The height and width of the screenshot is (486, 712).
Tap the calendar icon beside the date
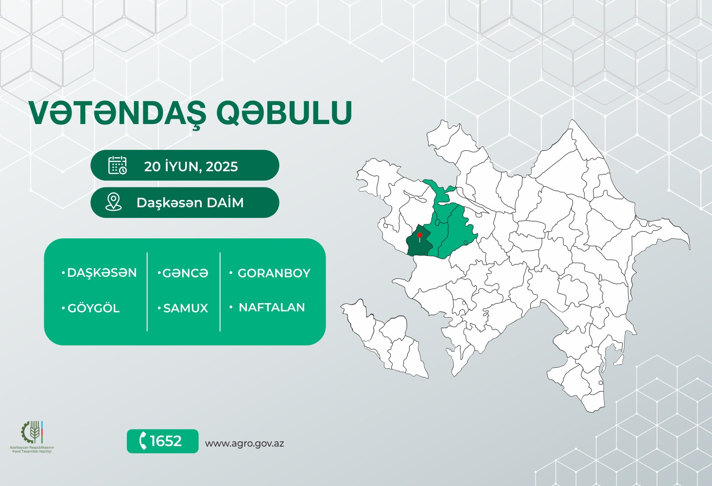tap(118, 165)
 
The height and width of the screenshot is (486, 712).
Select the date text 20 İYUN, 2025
tap(191, 166)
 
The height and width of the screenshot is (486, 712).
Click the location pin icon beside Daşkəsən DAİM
tap(113, 202)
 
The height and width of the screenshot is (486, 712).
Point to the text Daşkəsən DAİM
tap(190, 203)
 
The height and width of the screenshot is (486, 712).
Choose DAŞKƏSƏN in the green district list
tap(102, 273)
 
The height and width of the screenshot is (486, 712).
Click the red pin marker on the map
tap(419, 235)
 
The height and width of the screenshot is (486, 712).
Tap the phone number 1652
tap(166, 441)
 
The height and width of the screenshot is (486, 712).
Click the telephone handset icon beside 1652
tap(143, 441)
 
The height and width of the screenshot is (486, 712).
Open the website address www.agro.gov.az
tap(244, 443)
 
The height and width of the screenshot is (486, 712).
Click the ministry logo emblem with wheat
tap(32, 432)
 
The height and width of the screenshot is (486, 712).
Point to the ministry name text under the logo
tap(32, 450)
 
